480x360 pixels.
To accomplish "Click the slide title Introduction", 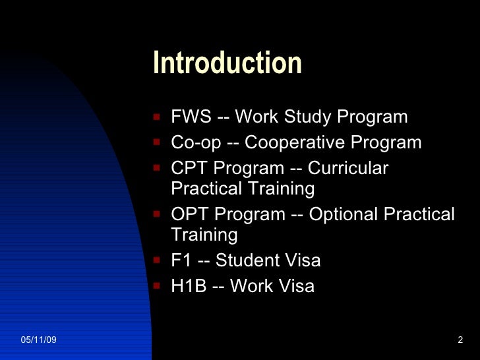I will click(x=227, y=64).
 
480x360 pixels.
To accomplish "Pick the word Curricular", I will click(x=348, y=169).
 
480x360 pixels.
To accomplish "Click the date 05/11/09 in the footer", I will click(x=39, y=339).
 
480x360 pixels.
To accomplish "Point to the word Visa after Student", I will click(x=301, y=260).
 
